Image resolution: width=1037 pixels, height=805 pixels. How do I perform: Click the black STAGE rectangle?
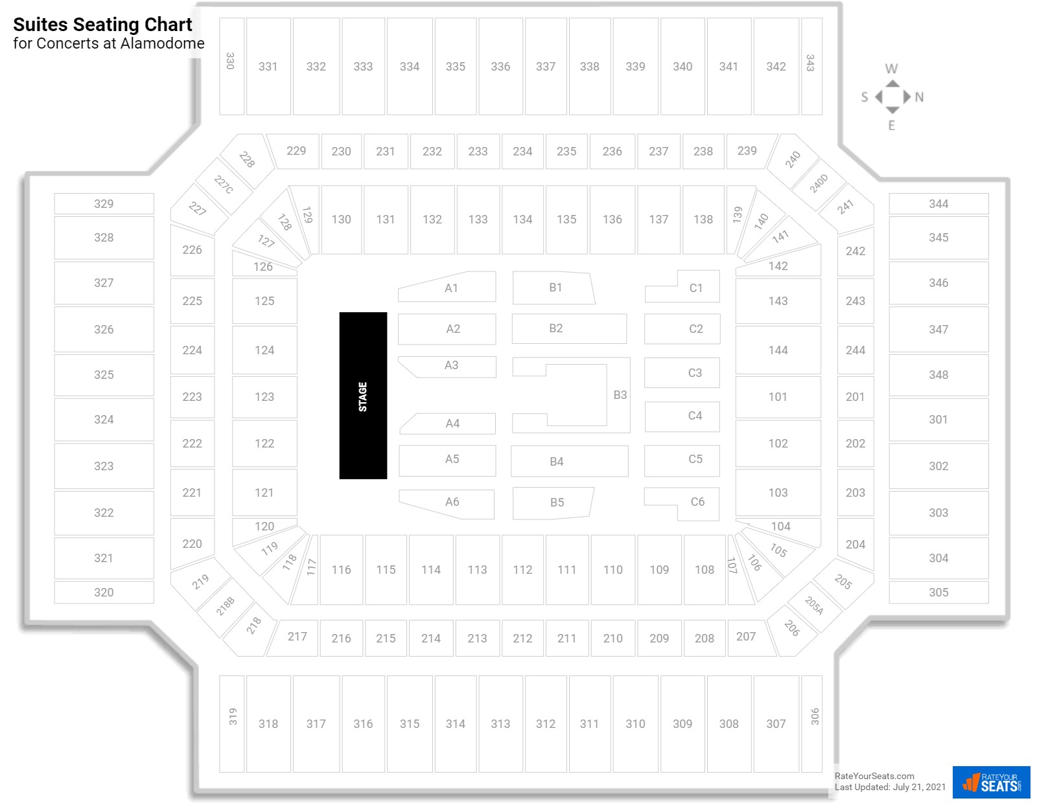click(x=363, y=395)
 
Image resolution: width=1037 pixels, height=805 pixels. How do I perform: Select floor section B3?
click(x=619, y=395)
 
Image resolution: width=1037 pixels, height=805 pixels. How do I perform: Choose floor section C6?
click(x=682, y=504)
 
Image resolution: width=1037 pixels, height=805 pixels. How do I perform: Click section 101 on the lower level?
click(x=778, y=397)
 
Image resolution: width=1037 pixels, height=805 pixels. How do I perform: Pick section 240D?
click(x=819, y=184)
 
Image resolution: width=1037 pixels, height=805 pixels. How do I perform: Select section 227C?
click(x=224, y=185)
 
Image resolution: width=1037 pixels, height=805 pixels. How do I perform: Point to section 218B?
click(x=226, y=606)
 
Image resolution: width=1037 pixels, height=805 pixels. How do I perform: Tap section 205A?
click(x=813, y=606)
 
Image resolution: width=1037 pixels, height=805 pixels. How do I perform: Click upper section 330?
click(x=231, y=66)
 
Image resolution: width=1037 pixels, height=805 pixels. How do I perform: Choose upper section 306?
click(x=812, y=723)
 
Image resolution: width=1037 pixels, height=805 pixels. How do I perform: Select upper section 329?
click(x=104, y=203)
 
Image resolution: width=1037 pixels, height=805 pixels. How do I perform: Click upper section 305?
click(x=938, y=592)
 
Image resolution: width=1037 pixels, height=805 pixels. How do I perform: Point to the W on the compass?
click(x=891, y=69)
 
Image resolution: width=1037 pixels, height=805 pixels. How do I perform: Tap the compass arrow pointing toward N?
click(x=907, y=96)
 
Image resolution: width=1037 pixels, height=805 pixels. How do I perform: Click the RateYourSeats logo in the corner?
click(x=991, y=782)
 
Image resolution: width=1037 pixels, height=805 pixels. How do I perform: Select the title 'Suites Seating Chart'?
click(x=102, y=25)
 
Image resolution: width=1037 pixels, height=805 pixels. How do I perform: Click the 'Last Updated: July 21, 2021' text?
click(x=890, y=787)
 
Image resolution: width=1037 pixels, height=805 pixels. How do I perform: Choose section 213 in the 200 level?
click(x=477, y=638)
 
